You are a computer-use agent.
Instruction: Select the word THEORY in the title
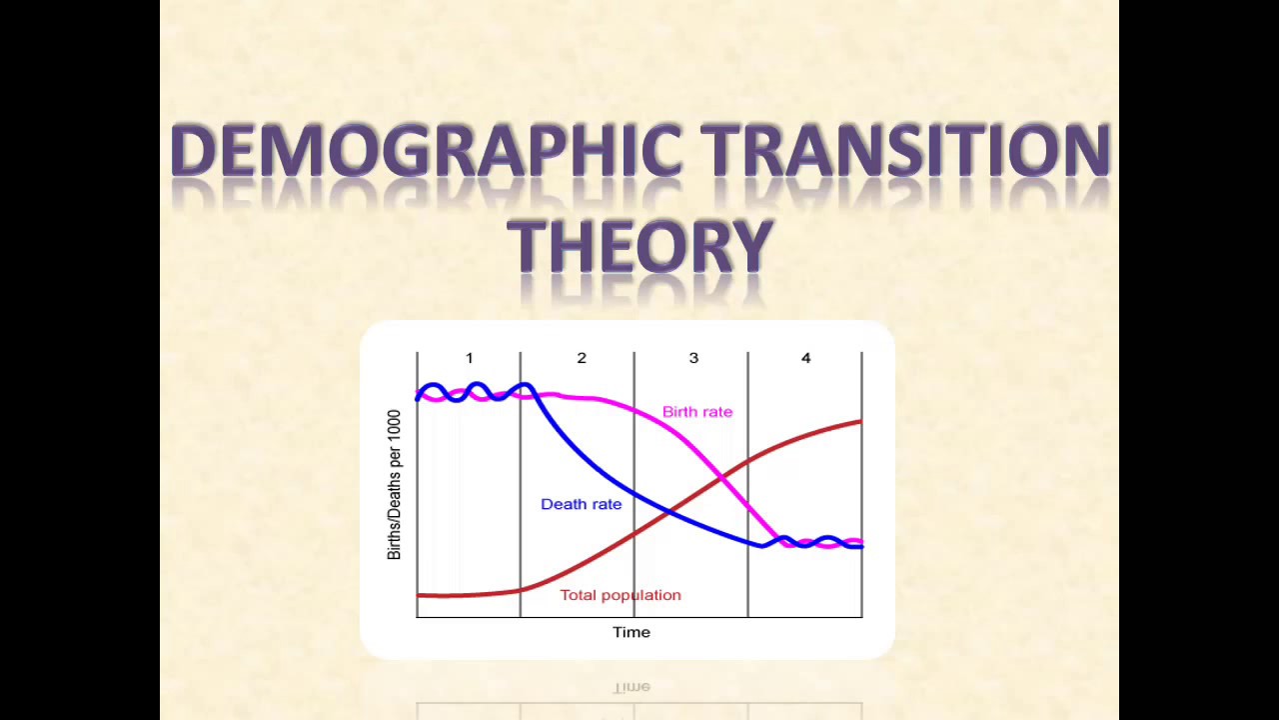tap(640, 245)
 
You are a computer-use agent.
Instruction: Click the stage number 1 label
tap(469, 358)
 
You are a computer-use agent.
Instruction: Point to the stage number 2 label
tap(582, 358)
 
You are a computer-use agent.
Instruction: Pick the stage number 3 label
tap(693, 358)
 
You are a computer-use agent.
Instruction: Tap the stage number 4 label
tap(805, 358)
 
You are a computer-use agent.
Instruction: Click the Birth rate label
tap(697, 412)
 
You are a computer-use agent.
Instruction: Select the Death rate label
tap(581, 504)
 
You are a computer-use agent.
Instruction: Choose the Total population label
tap(621, 595)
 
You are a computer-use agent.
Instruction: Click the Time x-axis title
tap(632, 632)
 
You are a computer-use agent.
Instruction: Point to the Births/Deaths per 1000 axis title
tap(394, 484)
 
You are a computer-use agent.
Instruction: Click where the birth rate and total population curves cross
tap(721, 479)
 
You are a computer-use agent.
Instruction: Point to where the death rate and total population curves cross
tap(668, 512)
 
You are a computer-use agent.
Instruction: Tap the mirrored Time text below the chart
tap(632, 687)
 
